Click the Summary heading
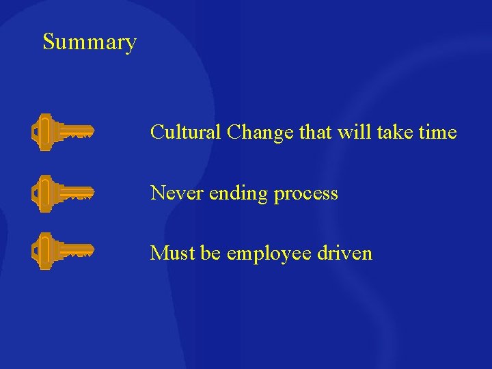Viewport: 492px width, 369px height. (x=90, y=42)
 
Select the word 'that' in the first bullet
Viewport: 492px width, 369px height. (x=314, y=132)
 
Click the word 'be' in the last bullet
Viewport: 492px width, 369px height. (x=211, y=254)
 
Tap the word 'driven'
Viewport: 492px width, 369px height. (x=345, y=254)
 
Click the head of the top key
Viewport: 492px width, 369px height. (x=43, y=131)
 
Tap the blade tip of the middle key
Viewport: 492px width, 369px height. (x=90, y=191)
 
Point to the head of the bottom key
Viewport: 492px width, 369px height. (x=43, y=250)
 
